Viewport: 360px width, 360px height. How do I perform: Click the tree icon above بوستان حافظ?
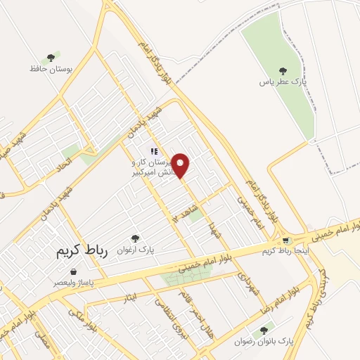(x=51, y=58)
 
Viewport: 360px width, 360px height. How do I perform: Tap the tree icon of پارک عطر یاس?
(x=283, y=70)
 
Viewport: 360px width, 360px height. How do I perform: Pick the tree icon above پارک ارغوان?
(x=136, y=238)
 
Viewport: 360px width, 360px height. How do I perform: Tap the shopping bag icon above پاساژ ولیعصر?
(x=74, y=271)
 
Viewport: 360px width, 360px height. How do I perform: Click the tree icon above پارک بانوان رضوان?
(x=264, y=329)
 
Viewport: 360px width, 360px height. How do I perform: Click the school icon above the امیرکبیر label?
(x=153, y=150)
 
